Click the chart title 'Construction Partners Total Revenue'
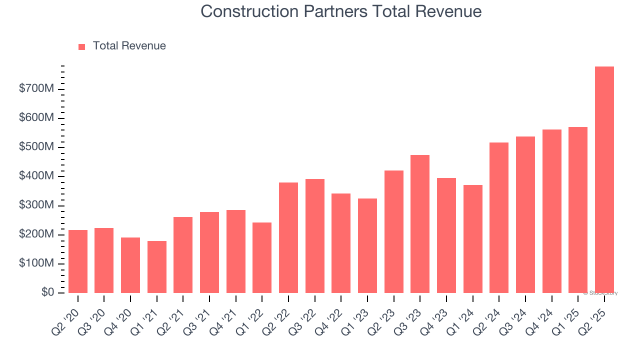[x=341, y=11]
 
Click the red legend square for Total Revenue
[x=82, y=46]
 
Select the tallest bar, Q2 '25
[x=604, y=179]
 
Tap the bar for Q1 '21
[x=157, y=267]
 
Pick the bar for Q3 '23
[x=420, y=224]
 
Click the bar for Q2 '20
[x=78, y=261]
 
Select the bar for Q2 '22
[x=288, y=237]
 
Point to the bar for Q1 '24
[x=472, y=239]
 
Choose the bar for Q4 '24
[x=551, y=211]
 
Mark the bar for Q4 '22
[x=341, y=243]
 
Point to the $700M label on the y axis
[x=36, y=89]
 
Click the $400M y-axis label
[x=36, y=176]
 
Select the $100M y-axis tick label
[x=36, y=264]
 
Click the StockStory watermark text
[x=600, y=293]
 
